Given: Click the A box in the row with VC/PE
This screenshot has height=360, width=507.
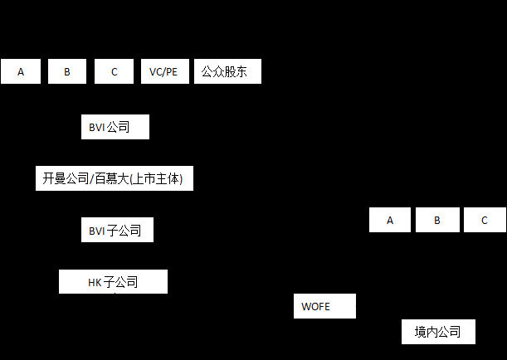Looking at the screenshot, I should click(x=21, y=72).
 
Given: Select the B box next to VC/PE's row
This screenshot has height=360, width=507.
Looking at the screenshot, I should click(x=67, y=72).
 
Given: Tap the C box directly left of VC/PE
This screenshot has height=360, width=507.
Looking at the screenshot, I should click(x=114, y=72).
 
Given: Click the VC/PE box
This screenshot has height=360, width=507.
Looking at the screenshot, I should click(x=163, y=72).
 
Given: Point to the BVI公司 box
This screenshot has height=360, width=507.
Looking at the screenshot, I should click(x=115, y=127).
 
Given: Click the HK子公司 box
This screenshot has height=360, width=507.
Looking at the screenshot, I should click(x=113, y=282).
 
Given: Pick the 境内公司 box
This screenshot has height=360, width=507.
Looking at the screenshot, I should click(x=438, y=332).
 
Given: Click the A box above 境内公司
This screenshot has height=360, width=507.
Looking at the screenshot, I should click(x=390, y=220).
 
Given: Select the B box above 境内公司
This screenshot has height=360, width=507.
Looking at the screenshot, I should click(x=436, y=220).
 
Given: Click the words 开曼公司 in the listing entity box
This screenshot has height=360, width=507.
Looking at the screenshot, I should click(x=65, y=178).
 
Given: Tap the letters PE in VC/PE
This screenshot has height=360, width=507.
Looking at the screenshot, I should click(x=170, y=72).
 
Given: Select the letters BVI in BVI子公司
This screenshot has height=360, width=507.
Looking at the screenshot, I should click(x=96, y=231).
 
